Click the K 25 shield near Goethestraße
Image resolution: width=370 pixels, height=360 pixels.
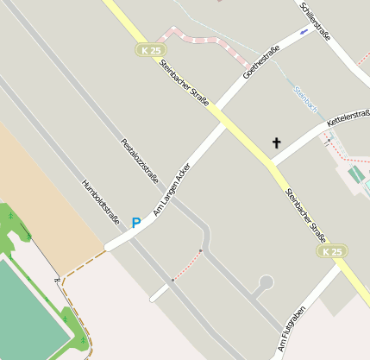click(x=150, y=51)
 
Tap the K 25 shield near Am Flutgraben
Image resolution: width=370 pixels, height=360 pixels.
click(x=332, y=251)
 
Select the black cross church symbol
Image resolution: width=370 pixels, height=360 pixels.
click(x=277, y=142)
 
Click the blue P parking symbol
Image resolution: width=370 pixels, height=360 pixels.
click(x=136, y=223)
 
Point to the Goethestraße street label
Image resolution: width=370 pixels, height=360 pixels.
click(x=262, y=62)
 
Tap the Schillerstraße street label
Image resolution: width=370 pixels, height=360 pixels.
click(x=317, y=21)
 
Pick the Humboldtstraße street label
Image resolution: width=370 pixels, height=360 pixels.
click(x=101, y=200)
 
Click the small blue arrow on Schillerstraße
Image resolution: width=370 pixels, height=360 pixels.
click(x=303, y=32)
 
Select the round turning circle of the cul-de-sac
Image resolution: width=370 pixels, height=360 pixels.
click(x=266, y=281)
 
